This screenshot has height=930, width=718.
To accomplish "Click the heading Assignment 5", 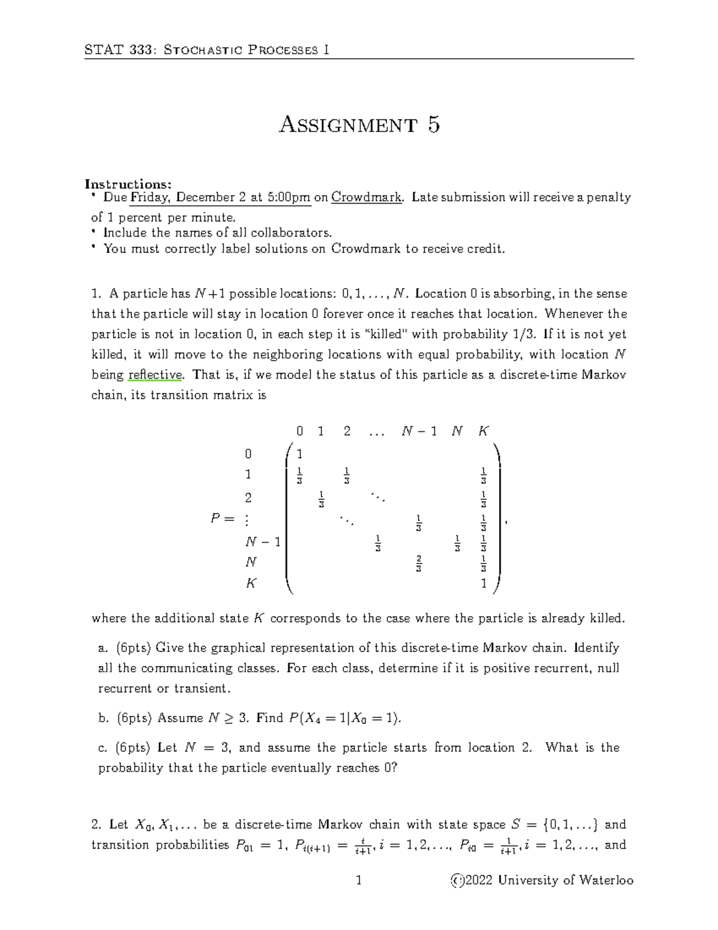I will tap(360, 125).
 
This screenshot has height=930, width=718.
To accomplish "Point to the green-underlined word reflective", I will tap(155, 375).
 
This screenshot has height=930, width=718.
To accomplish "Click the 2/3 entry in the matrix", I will tap(419, 564).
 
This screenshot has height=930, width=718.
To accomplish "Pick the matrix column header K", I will tap(483, 431).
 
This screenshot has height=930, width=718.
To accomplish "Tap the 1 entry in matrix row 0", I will tap(300, 453).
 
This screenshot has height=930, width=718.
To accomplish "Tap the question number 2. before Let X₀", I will tap(97, 825).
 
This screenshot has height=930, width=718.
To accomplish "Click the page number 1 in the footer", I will tap(359, 880).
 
